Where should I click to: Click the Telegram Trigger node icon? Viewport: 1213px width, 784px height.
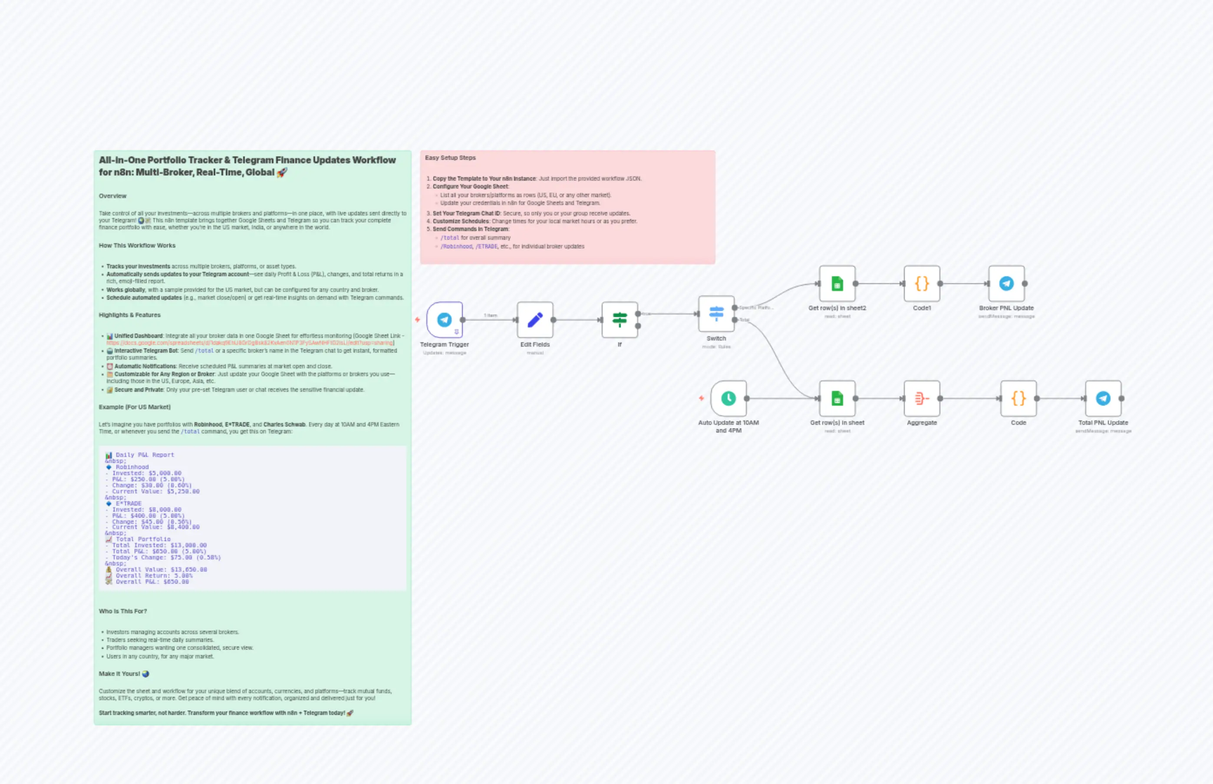[x=444, y=320]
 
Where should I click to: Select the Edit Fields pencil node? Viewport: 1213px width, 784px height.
[x=535, y=320]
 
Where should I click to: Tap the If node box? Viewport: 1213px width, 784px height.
[x=619, y=320]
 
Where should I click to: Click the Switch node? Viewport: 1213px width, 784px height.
[x=716, y=314]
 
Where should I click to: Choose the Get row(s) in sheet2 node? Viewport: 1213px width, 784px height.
[x=837, y=284]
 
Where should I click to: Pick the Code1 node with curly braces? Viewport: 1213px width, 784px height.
[x=921, y=284]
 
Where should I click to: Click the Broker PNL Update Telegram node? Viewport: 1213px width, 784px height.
[x=1006, y=284]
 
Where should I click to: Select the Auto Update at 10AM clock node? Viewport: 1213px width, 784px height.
[x=728, y=398]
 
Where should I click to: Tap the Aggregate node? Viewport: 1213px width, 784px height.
[x=921, y=398]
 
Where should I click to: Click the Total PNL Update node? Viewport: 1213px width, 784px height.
[x=1103, y=398]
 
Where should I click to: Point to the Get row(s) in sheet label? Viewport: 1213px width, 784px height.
[x=837, y=423]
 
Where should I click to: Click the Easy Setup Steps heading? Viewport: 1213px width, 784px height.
[x=450, y=158]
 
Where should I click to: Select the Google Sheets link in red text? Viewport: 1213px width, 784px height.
[x=249, y=343]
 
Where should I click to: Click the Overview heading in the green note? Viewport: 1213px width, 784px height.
[x=112, y=196]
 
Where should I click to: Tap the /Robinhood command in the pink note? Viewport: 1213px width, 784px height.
[x=456, y=246]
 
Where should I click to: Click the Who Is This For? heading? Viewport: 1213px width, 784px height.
[x=122, y=611]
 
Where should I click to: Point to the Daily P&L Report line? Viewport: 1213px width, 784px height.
[x=145, y=455]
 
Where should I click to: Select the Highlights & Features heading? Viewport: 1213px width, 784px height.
[x=129, y=315]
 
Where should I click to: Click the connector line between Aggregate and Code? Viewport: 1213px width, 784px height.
[x=969, y=398]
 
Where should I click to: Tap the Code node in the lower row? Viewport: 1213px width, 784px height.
[x=1018, y=398]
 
